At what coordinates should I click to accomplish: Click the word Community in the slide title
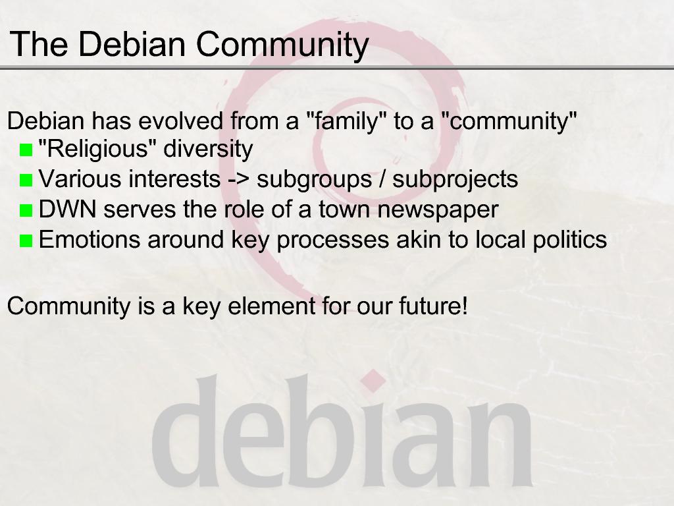click(x=282, y=45)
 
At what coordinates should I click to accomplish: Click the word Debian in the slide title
click(x=132, y=44)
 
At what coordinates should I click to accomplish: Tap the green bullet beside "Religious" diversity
click(x=26, y=150)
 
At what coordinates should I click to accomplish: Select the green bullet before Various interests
click(x=26, y=181)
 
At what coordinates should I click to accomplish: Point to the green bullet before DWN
click(x=26, y=210)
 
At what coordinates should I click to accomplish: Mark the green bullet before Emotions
click(x=26, y=241)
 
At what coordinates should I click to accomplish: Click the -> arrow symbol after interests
click(x=238, y=179)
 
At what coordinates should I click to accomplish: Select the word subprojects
click(x=455, y=180)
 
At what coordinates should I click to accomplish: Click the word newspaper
click(x=438, y=211)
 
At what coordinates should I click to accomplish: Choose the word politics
click(x=570, y=240)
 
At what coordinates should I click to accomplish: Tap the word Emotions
click(x=90, y=240)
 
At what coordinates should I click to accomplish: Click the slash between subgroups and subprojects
click(x=382, y=179)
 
